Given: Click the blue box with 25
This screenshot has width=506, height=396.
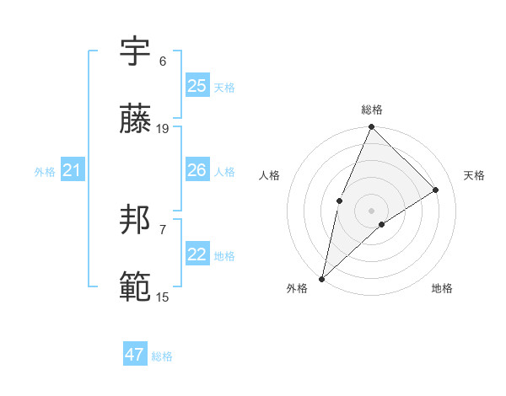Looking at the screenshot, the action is pos(197,86).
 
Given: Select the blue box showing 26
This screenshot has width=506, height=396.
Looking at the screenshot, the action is pos(197,170).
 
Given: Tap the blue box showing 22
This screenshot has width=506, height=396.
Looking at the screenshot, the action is pos(197,254).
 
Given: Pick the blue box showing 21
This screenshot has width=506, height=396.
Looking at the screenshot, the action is pos(72,171).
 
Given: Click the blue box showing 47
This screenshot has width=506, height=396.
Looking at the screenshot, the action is pos(135,355).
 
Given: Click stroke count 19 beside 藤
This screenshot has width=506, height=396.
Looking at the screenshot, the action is pos(163,129).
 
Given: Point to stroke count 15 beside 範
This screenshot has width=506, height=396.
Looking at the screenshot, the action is pos(163,297).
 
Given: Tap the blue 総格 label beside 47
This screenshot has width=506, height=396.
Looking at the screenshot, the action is pos(162,356).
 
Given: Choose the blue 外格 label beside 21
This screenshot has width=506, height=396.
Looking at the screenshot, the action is pos(45,172).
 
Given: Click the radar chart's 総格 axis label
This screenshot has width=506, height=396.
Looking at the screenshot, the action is pos(372,110).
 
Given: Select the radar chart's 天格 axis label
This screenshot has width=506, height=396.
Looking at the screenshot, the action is pos(475,175).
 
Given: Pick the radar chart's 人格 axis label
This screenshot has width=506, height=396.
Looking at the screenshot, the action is pos(269,175).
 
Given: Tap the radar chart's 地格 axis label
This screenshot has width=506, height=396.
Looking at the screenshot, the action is pos(442,289).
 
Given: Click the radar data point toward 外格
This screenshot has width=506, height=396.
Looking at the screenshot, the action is pos(321,278).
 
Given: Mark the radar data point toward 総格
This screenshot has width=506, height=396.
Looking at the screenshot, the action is pos(372,127).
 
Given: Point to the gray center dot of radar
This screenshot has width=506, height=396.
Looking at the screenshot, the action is pos(372,209).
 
